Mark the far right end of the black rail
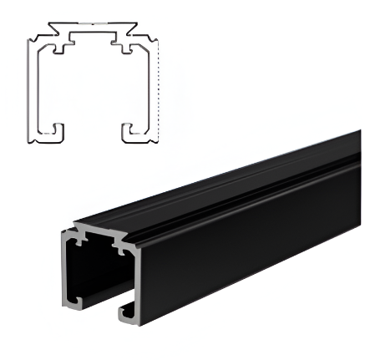357,167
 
